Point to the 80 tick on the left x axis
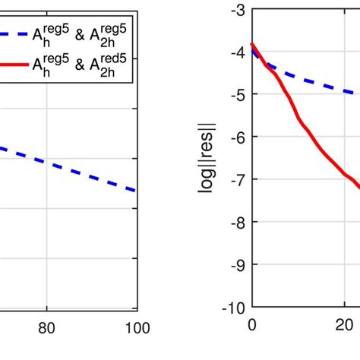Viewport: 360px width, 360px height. coord(46,328)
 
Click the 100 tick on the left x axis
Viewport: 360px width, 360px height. coord(137,328)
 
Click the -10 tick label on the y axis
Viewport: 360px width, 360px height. coord(235,308)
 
